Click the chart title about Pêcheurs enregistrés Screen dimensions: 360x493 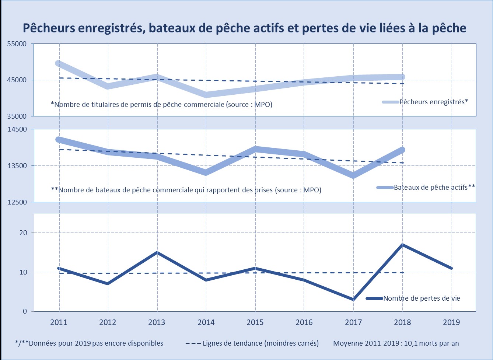pyautogui.click(x=245, y=28)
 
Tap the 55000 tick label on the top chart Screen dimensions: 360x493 pyautogui.click(x=17, y=44)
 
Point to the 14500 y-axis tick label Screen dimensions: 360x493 pyautogui.click(x=17, y=129)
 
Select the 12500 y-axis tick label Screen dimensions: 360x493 pyautogui.click(x=17, y=202)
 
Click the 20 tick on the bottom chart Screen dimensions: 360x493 pyautogui.click(x=23, y=233)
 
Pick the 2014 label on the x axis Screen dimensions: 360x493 pyautogui.click(x=206, y=322)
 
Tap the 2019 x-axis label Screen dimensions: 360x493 pyautogui.click(x=451, y=322)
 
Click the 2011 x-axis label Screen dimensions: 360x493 pyautogui.click(x=59, y=322)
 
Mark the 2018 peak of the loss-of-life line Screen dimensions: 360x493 pyautogui.click(x=402, y=245)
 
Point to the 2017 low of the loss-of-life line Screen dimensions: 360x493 pyautogui.click(x=353, y=299)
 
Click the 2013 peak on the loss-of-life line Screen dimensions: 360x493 pyautogui.click(x=157, y=252)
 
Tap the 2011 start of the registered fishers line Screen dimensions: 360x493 pyautogui.click(x=58, y=63)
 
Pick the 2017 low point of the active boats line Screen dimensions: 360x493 pyautogui.click(x=353, y=175)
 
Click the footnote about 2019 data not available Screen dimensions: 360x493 pyautogui.click(x=89, y=343)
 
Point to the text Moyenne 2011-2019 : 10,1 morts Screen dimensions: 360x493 pyautogui.click(x=396, y=343)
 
